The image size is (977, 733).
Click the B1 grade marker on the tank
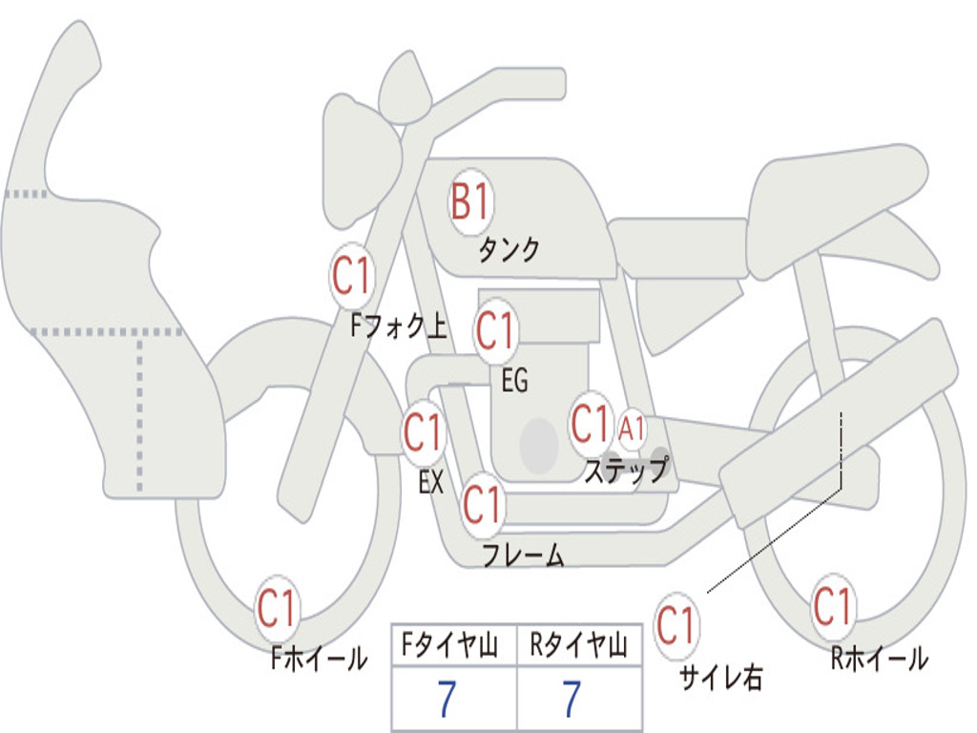tap(471, 201)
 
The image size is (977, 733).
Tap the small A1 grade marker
tap(632, 429)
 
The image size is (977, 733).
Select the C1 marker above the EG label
tap(495, 330)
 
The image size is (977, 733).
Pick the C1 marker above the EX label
tap(424, 432)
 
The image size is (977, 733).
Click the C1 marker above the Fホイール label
tap(277, 608)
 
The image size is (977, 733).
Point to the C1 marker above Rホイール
tap(832, 606)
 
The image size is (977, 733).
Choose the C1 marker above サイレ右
tap(676, 625)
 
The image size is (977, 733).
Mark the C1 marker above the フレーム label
tap(483, 504)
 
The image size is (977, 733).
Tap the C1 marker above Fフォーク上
tap(352, 276)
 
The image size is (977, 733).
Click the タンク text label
tap(509, 250)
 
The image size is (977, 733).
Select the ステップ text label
tap(627, 469)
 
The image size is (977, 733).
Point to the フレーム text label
tap(524, 555)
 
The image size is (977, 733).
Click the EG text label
tap(514, 380)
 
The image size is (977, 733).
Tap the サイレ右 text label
tap(721, 677)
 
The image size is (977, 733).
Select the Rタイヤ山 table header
tap(579, 645)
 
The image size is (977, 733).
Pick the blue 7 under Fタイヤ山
tap(447, 699)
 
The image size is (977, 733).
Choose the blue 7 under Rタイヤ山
tap(572, 699)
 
